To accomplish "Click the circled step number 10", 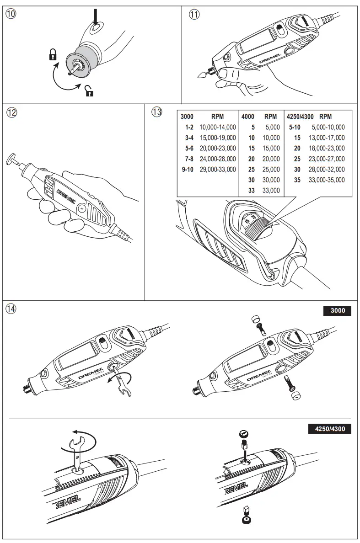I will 11,14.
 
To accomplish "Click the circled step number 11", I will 195,14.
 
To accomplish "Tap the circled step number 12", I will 11,112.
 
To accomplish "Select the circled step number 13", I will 157,112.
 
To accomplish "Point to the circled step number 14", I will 11,309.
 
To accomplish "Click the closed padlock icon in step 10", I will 53,56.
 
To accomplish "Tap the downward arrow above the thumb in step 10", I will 95,18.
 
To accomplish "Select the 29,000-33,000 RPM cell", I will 218,170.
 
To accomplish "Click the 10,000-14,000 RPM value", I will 218,128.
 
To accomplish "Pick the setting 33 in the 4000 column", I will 251,191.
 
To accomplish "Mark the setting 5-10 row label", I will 295,128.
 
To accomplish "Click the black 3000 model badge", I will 337,311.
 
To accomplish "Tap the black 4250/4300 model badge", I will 329,429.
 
